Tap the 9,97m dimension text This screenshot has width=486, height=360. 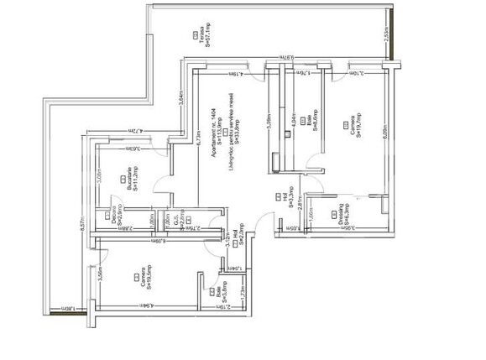click(286, 58)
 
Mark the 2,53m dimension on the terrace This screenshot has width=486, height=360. click(385, 34)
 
